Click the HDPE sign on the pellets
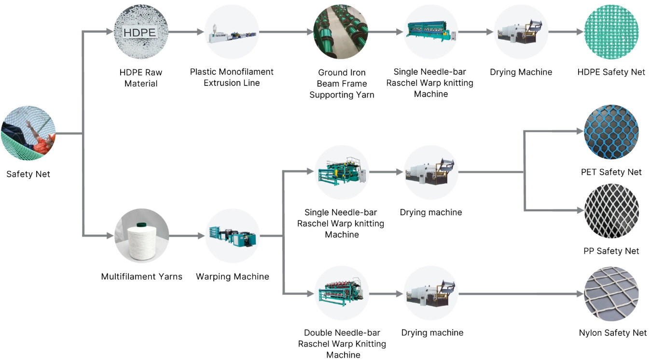[140, 32]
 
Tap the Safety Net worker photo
[28, 133]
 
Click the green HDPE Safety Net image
[611, 32]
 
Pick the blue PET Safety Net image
[611, 132]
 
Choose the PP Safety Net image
[611, 211]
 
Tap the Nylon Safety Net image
[611, 294]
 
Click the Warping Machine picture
[233, 235]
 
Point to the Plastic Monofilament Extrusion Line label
[232, 77]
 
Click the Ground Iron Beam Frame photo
[341, 32]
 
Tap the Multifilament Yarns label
[141, 277]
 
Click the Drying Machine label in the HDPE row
[521, 72]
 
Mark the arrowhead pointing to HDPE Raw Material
[110, 32]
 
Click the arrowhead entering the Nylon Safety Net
[580, 294]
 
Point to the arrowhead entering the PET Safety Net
[580, 131]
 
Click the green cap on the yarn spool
[141, 224]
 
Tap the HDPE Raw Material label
[140, 78]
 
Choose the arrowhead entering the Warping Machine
[201, 236]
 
